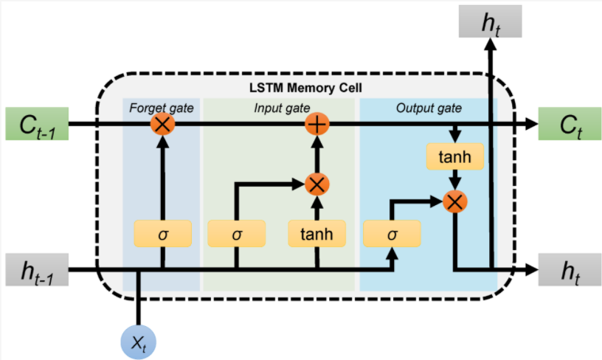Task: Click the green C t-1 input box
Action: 37,124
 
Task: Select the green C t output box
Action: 570,124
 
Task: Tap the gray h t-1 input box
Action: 37,269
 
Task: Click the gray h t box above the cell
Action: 491,21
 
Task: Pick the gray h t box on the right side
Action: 570,269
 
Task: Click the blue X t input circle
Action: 138,342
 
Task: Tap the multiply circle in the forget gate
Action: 162,124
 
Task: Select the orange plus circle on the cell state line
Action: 317,124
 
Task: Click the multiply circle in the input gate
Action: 317,184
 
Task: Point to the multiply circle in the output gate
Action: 455,201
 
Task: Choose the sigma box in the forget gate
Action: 163,233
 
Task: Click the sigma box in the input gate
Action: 237,233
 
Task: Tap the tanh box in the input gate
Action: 317,233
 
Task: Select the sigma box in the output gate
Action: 392,233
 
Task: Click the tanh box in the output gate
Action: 455,156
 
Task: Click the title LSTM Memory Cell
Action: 305,88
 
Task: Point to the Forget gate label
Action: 162,108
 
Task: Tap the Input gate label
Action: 282,108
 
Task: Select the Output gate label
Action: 429,108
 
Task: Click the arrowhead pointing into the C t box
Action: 532,124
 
